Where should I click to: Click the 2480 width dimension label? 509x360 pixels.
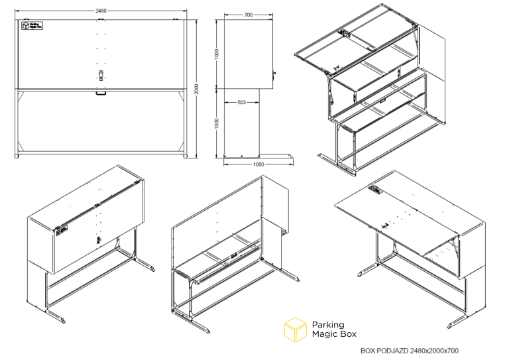point(101,11)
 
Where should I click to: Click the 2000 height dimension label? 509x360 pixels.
point(196,89)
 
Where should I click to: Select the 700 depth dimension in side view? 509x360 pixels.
point(249,15)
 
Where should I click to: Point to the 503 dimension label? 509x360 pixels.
point(241,102)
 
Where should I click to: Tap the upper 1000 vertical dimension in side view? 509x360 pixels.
point(217,54)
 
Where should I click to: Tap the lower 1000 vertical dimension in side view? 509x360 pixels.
point(217,123)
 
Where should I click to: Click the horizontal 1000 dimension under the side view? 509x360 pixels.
point(258,164)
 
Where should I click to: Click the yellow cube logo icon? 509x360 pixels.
point(296,330)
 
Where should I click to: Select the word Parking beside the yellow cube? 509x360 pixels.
point(328,325)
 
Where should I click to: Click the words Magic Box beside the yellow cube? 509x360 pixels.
point(334,334)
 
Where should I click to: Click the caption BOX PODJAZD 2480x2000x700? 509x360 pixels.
point(410,351)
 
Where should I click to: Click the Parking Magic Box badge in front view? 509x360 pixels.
point(32,26)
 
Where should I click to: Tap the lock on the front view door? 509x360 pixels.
point(101,76)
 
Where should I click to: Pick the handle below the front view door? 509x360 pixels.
point(101,93)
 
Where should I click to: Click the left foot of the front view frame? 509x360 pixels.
point(17,156)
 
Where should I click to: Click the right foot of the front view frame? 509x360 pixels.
point(186,156)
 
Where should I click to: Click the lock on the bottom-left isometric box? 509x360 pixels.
point(97,240)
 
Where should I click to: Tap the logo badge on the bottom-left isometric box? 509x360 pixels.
point(62,231)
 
